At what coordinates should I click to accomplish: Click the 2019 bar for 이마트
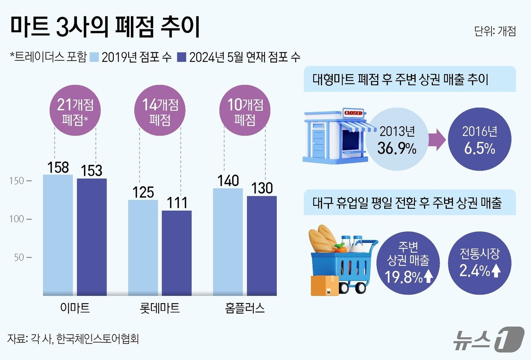click(x=58, y=235)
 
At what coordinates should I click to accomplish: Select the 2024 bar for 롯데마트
click(x=177, y=253)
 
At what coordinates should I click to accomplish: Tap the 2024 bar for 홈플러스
click(x=262, y=246)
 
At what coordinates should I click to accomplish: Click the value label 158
click(x=58, y=167)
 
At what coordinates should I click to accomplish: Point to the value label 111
click(x=177, y=203)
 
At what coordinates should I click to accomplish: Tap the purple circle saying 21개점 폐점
click(x=75, y=110)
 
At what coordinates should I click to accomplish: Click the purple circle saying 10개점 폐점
click(x=245, y=110)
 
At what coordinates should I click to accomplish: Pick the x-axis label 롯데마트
click(x=160, y=308)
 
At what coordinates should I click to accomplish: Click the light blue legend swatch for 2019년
click(x=95, y=57)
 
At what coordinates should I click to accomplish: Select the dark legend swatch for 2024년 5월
click(x=182, y=57)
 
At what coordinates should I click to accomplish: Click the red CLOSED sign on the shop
click(x=353, y=113)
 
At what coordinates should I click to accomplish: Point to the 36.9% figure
click(x=397, y=148)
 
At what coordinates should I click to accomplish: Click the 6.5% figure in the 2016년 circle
click(x=479, y=148)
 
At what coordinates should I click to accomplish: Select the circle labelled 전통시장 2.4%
click(x=479, y=263)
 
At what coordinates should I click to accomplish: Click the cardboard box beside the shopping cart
click(x=325, y=285)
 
